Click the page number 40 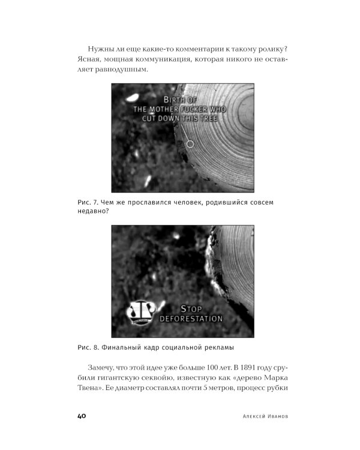pyautogui.click(x=82, y=416)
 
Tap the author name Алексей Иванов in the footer pyautogui.click(x=265, y=416)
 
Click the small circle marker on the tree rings pyautogui.click(x=190, y=144)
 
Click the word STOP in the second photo pyautogui.click(x=191, y=309)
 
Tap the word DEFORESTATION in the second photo pyautogui.click(x=191, y=319)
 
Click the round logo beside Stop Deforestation pyautogui.click(x=141, y=313)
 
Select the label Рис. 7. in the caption pyautogui.click(x=88, y=202)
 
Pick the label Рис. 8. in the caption pyautogui.click(x=88, y=347)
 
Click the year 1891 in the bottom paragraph pyautogui.click(x=247, y=368)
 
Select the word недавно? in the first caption pyautogui.click(x=94, y=211)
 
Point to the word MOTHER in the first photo pyautogui.click(x=164, y=109)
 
